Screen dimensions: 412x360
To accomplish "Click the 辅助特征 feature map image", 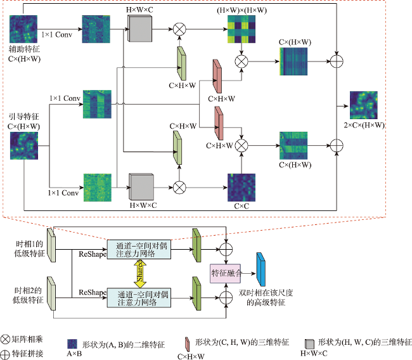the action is pos(23,29).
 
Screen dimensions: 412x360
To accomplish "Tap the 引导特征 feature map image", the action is pos(24,146).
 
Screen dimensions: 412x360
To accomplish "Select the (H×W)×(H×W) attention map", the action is pos(241,29).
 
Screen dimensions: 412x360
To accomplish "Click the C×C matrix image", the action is pos(241,188).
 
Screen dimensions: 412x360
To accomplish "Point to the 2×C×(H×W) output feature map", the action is pos(364,105).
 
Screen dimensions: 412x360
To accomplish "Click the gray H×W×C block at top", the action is pos(140,28).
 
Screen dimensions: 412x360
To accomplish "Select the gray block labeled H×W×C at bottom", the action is pos(141,187).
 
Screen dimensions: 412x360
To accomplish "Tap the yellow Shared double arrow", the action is pos(140,273).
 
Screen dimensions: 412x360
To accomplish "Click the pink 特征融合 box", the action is pos(226,274).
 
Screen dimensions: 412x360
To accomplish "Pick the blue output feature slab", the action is pos(261,269).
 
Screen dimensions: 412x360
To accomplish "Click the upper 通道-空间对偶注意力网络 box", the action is pos(139,249).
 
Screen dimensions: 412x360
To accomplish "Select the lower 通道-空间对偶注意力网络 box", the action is pos(139,298).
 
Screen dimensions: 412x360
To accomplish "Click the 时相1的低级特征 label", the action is pos(29,248).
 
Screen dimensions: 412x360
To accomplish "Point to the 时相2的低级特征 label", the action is pos(28,295).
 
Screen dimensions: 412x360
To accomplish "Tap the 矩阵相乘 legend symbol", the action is pos(5,340).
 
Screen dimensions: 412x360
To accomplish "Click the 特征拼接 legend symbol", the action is pos(5,354).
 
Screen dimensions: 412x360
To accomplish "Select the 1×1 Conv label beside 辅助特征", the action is pos(57,34).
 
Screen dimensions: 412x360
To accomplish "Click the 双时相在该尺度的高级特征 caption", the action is pos(266,297).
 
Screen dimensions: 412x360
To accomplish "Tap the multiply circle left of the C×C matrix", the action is pos(179,188).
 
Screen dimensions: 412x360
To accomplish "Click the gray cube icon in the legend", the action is pos(309,344).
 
